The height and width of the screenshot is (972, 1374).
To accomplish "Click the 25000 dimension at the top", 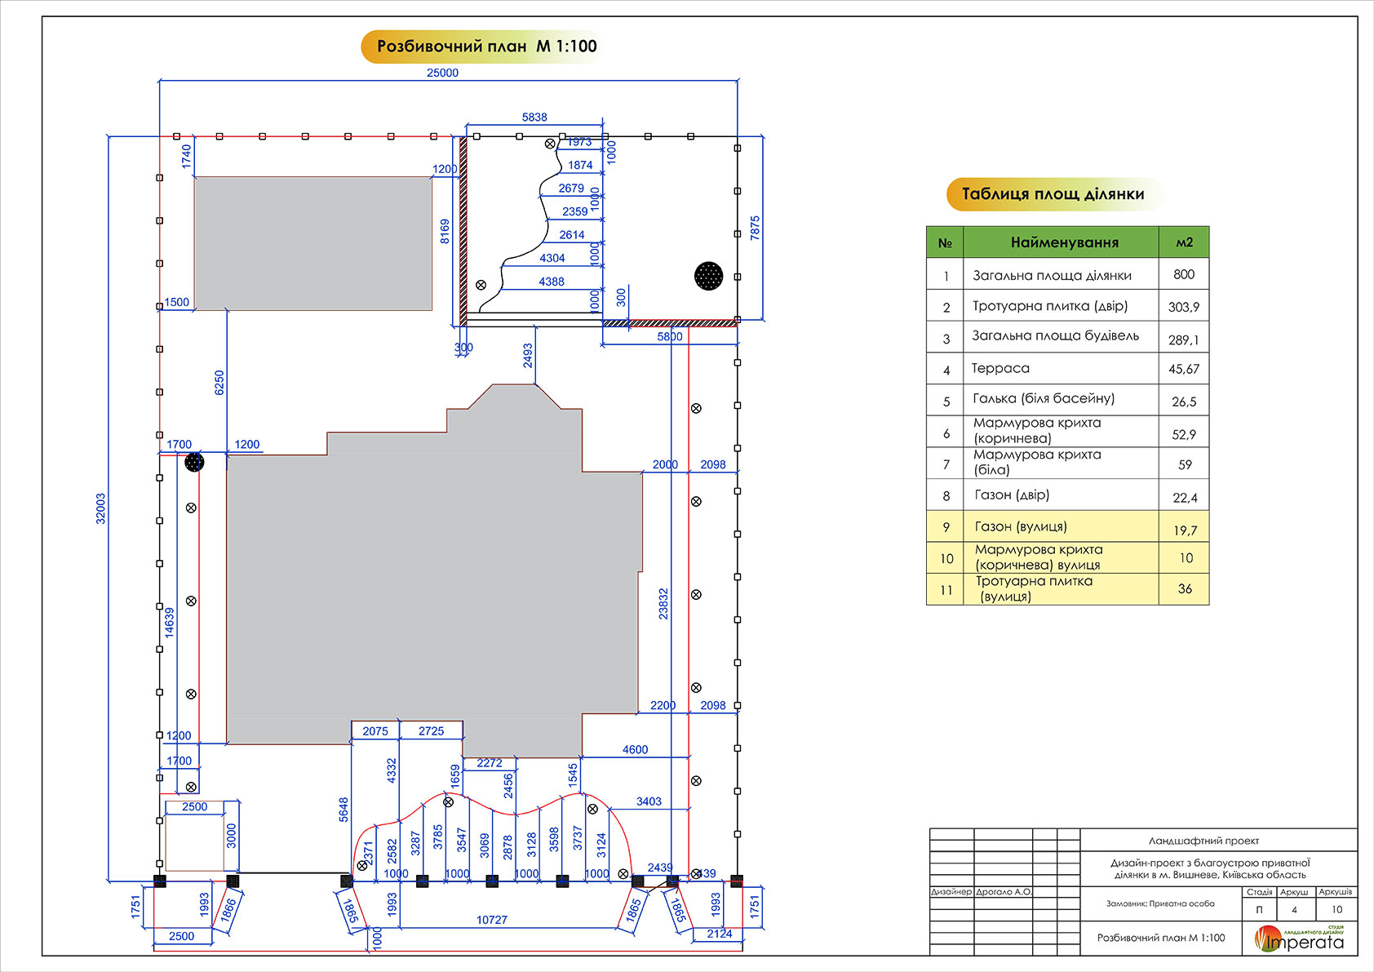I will tap(442, 73).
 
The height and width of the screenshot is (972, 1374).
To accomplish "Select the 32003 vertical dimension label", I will tap(101, 508).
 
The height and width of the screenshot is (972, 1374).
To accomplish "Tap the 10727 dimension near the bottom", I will tap(492, 920).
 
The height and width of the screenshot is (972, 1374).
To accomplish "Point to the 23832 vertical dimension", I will tap(663, 604).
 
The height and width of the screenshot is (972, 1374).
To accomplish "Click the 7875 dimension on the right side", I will tap(755, 228).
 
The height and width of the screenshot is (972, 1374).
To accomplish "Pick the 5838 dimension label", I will tap(534, 118).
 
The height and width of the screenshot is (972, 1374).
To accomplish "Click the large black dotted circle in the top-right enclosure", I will tap(708, 276).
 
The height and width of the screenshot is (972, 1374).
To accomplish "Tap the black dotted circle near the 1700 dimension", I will tap(194, 463).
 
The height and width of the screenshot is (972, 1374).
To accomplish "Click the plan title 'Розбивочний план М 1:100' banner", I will tap(486, 47).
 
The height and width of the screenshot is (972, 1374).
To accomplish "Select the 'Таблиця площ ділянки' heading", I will tap(1053, 194).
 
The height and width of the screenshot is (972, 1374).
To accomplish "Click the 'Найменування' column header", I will tap(1064, 242).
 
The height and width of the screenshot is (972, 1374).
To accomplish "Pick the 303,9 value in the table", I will tap(1184, 307).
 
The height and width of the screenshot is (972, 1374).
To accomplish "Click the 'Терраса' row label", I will tap(1000, 368).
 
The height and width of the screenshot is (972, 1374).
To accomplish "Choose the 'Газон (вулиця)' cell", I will tap(1021, 526).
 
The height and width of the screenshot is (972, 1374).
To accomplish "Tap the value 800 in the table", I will tap(1184, 274).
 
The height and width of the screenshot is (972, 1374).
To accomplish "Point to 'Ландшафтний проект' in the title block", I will tap(1203, 841).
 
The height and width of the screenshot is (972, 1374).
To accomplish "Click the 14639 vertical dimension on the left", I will tap(170, 622).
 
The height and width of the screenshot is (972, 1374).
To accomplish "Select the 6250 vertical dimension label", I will tap(219, 383).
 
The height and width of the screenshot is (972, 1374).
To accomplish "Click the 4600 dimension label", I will tap(635, 749).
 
